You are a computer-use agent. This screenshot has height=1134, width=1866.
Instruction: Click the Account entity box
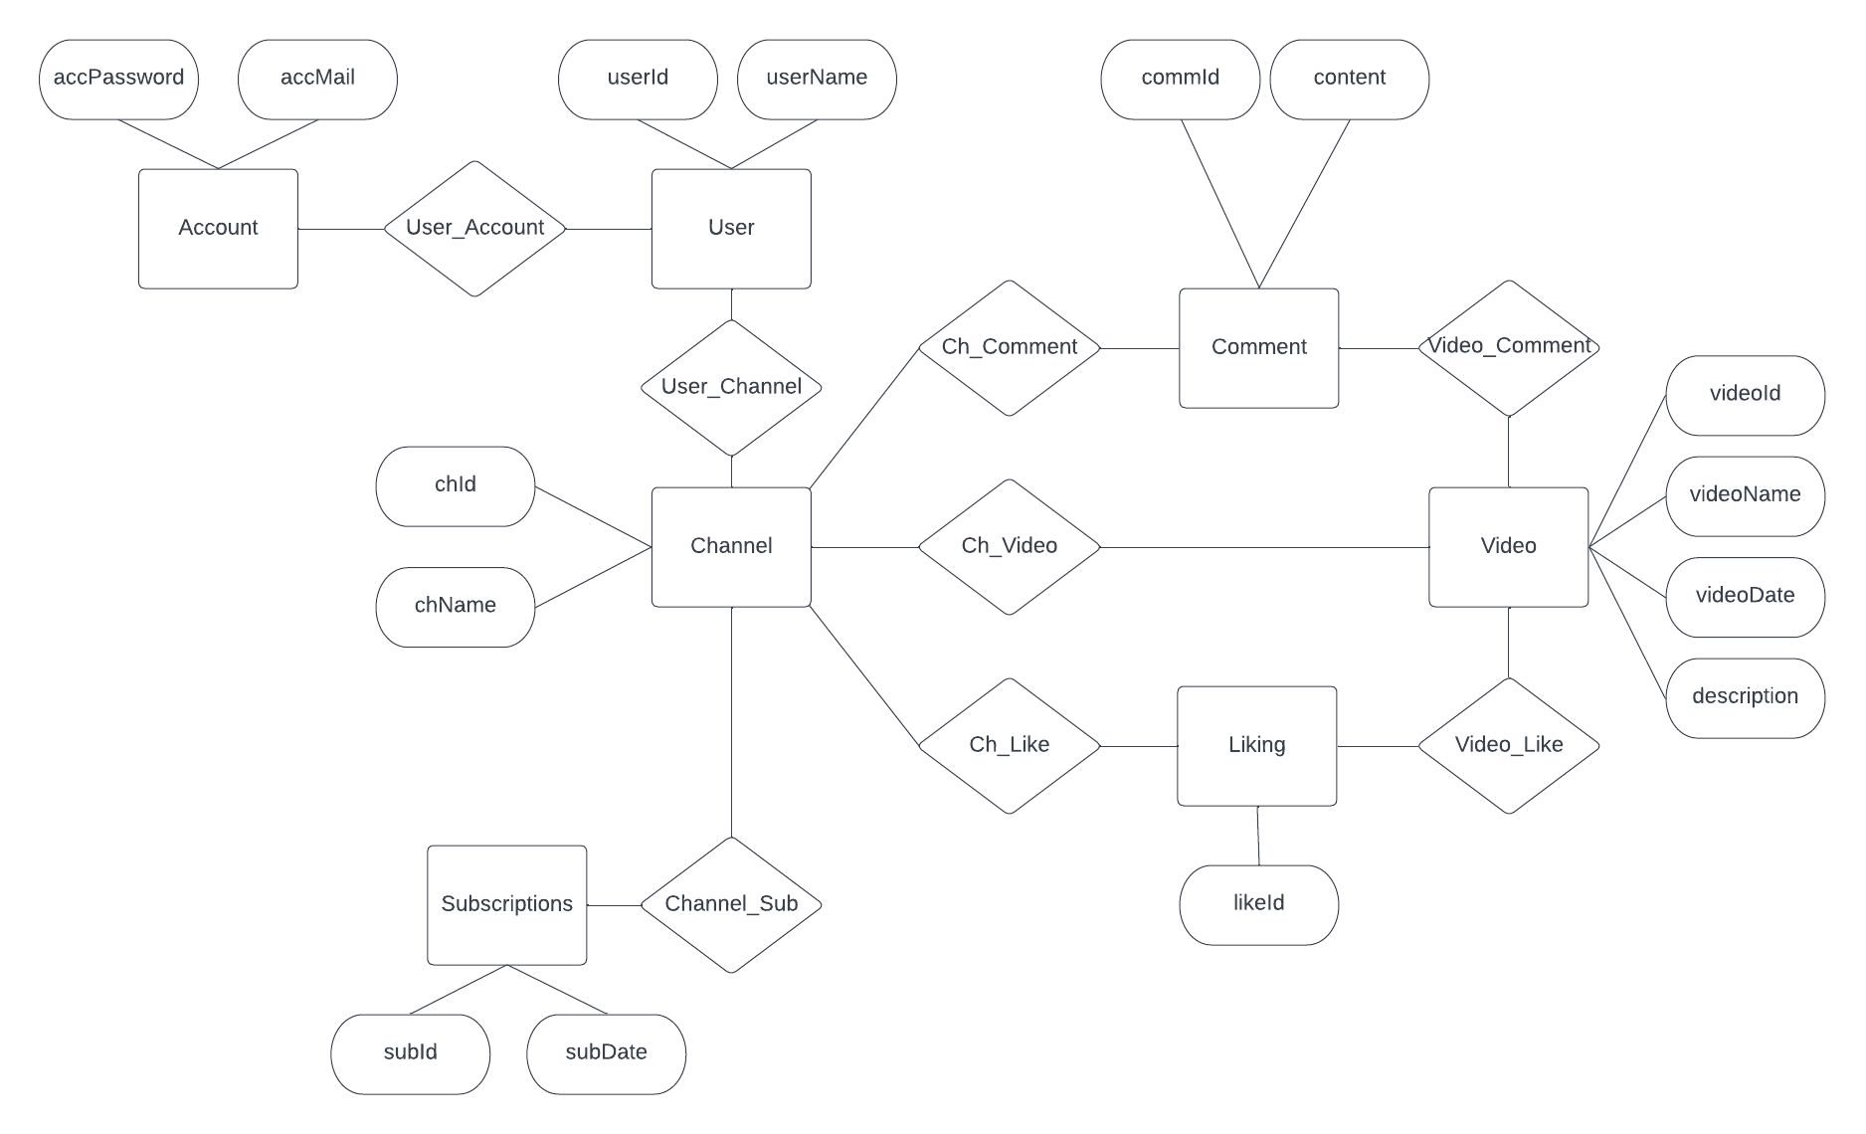218,229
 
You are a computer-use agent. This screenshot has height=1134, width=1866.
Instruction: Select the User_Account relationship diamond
474,229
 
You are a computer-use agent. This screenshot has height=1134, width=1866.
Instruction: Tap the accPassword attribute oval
118,79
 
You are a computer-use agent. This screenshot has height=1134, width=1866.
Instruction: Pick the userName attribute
817,79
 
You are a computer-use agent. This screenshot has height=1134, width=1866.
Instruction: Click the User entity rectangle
731,229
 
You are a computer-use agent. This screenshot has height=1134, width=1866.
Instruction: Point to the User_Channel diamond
731,387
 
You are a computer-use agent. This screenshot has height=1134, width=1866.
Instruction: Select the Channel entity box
731,546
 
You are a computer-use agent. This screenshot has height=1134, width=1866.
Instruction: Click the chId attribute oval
455,485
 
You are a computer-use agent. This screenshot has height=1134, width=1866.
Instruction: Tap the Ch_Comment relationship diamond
1009,347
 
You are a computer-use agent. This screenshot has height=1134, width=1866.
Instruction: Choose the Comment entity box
1258,347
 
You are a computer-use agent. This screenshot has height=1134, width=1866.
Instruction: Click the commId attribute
1180,79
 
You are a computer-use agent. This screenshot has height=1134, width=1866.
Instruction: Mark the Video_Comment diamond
1508,347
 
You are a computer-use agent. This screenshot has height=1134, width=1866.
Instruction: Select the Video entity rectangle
1508,546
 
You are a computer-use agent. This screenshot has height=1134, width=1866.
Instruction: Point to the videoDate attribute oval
1745,596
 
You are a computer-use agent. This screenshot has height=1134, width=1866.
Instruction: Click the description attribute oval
1745,697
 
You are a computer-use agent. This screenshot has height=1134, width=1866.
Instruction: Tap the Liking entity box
1256,745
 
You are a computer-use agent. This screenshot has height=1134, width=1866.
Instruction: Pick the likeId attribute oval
1258,904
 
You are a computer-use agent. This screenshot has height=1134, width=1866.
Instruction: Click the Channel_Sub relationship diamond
731,904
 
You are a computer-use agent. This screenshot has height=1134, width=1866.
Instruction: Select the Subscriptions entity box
506,904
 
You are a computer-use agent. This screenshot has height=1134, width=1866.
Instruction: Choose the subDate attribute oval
606,1053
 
